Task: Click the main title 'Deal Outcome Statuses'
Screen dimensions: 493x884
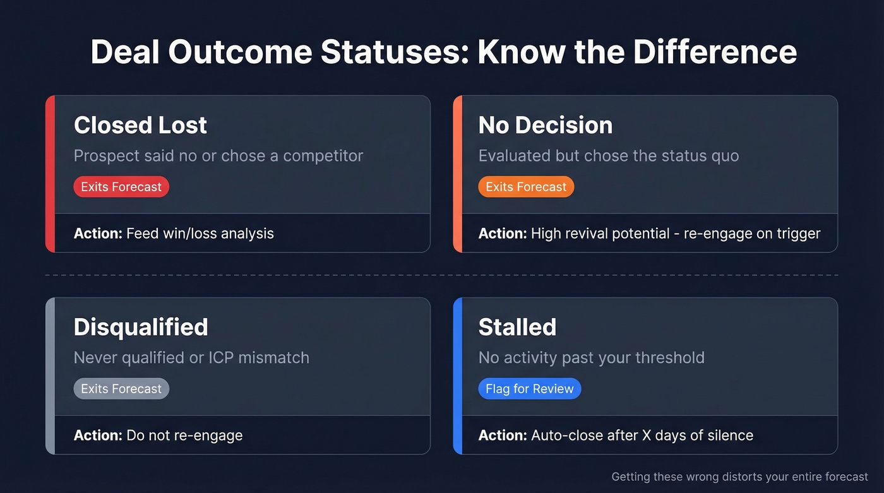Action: click(443, 52)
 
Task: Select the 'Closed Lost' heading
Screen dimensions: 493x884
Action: click(140, 125)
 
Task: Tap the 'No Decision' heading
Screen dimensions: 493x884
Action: click(545, 125)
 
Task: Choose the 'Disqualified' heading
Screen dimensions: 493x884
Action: click(140, 327)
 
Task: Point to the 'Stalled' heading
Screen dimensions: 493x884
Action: click(517, 327)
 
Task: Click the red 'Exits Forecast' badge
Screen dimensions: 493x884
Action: click(121, 187)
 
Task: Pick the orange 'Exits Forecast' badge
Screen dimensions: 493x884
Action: click(526, 187)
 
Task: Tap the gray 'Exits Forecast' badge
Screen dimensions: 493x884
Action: click(121, 389)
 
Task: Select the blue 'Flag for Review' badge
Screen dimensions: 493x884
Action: click(529, 389)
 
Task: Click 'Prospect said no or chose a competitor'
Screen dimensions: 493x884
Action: click(218, 156)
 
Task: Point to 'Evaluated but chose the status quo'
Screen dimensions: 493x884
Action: click(608, 156)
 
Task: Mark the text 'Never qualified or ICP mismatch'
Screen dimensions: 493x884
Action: click(191, 358)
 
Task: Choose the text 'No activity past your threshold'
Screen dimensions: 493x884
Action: click(591, 358)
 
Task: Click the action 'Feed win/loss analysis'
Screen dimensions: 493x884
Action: click(200, 234)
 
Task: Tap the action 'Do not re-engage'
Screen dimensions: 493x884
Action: click(184, 436)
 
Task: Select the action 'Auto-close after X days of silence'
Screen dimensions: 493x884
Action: click(642, 436)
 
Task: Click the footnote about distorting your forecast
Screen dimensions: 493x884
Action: click(739, 477)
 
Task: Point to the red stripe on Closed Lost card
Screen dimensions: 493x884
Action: click(51, 174)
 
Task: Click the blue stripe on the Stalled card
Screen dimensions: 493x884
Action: click(458, 376)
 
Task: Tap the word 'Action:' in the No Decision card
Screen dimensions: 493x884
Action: click(502, 234)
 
